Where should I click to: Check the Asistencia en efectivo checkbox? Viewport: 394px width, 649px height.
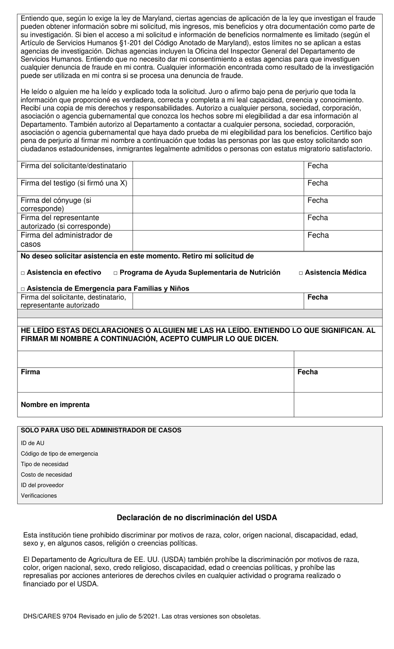click(x=23, y=273)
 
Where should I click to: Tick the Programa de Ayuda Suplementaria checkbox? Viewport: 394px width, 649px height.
click(x=116, y=273)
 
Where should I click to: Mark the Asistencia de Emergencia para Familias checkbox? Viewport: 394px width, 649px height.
click(x=23, y=289)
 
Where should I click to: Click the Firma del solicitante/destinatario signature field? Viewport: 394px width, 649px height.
click(x=218, y=170)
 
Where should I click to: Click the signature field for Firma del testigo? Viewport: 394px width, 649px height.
click(x=218, y=187)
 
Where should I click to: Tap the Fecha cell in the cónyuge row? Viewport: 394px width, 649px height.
click(x=343, y=204)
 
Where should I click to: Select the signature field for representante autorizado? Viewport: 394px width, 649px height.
click(x=218, y=222)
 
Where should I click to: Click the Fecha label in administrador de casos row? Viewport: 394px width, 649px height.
click(x=318, y=235)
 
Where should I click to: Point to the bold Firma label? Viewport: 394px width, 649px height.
click(x=31, y=372)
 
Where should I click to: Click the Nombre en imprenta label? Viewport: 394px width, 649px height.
click(x=55, y=405)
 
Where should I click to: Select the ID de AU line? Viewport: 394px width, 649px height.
click(x=32, y=443)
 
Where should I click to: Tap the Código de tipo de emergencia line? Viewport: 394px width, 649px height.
click(x=59, y=454)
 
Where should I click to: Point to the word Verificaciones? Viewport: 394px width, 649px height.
click(x=39, y=495)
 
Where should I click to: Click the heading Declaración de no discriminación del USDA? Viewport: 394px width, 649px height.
click(x=197, y=517)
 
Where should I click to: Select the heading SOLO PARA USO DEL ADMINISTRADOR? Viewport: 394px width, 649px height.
click(x=101, y=430)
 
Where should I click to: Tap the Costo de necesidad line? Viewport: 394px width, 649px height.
click(x=46, y=475)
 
